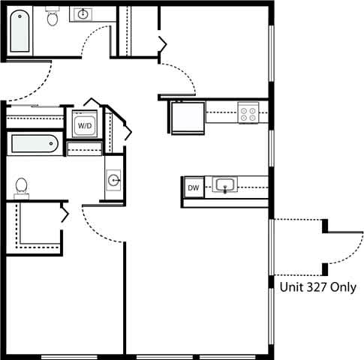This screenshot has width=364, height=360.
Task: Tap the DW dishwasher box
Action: click(x=193, y=187)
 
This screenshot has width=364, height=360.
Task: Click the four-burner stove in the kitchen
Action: click(x=248, y=114)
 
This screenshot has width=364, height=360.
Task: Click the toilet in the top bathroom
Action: click(x=53, y=17)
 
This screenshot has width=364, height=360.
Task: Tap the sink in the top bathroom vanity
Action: click(x=82, y=14)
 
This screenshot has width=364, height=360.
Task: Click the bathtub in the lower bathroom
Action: click(x=33, y=142)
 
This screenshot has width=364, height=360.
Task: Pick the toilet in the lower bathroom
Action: click(x=21, y=186)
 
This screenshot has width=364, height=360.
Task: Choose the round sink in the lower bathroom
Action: click(x=113, y=180)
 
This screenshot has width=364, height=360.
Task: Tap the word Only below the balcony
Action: click(x=343, y=287)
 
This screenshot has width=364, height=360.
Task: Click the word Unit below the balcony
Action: click(x=290, y=287)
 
